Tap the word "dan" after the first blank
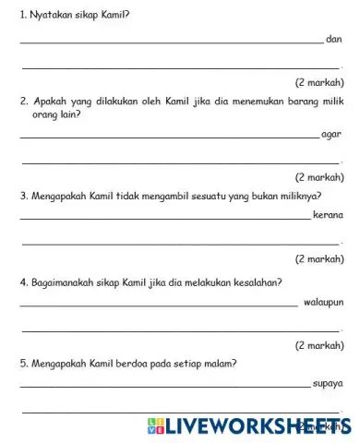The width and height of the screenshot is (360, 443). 334,40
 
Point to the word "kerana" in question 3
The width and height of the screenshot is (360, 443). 329,215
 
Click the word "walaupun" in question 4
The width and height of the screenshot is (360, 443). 323,301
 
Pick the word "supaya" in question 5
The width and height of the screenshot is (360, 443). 329,381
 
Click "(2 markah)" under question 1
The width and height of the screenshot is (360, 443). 319,81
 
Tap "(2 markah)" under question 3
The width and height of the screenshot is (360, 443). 319,259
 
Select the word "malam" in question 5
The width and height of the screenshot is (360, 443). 218,363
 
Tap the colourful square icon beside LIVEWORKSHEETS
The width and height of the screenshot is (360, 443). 154,425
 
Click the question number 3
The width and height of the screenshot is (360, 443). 22,196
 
